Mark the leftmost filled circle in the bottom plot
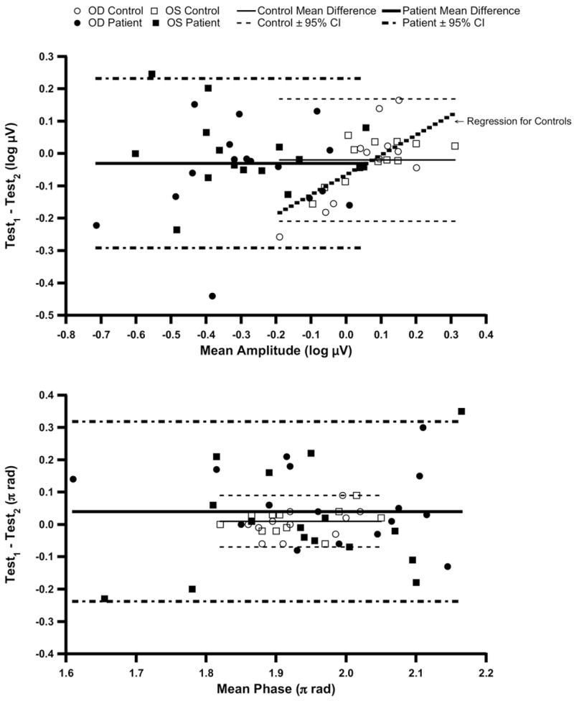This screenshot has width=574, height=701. pos(72,479)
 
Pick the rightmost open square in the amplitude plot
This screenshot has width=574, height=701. pos(454,146)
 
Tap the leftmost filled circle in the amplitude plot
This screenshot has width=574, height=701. pos(96,226)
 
